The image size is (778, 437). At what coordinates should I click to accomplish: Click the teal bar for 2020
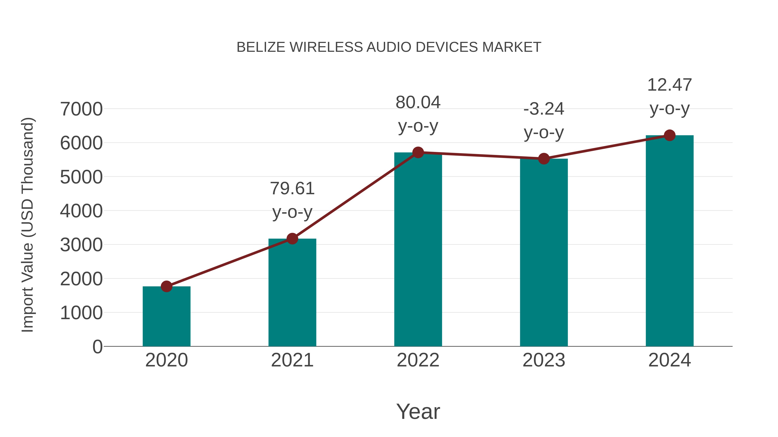166,317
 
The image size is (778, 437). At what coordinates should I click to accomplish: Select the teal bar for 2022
418,250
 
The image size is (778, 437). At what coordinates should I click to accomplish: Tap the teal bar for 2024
670,241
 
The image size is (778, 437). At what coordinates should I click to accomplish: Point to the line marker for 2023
544,159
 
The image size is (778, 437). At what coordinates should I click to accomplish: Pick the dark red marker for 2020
166,286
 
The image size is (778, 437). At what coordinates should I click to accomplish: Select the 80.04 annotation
418,103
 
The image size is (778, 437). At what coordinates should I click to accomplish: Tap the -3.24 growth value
544,109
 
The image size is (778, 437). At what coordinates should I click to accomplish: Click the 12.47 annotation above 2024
670,85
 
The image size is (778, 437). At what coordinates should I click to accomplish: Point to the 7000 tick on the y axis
81,109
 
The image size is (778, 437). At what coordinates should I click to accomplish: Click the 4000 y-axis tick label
81,211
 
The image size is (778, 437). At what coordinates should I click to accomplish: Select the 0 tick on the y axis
97,347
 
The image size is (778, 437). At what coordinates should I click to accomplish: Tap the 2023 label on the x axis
544,360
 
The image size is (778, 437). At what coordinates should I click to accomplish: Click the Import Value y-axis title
28,225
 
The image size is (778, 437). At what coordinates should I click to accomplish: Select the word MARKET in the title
512,47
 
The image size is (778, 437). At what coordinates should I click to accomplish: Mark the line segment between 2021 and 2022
355,196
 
